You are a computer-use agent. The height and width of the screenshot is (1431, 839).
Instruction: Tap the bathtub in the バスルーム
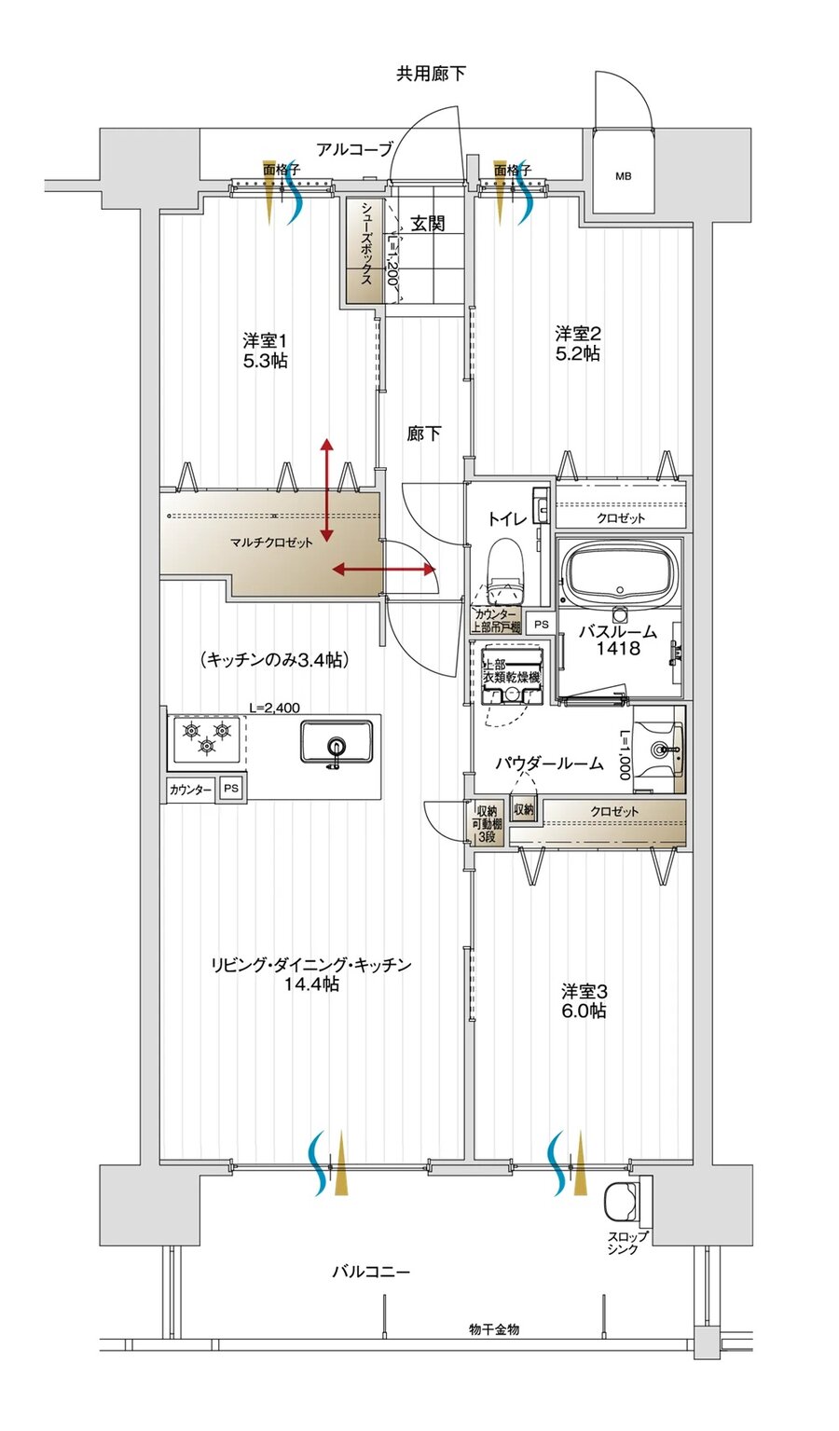tap(620, 573)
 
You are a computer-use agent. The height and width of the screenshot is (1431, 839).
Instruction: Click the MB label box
tap(623, 174)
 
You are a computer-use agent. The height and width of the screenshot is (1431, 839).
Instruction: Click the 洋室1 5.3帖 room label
tap(266, 351)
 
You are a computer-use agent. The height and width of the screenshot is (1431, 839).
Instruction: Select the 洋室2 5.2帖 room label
tap(578, 344)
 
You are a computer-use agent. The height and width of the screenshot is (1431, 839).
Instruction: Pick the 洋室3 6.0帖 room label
tap(585, 1000)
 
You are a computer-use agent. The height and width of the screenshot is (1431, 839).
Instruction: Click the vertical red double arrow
tap(327, 490)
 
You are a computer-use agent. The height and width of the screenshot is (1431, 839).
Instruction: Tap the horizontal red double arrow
tap(384, 569)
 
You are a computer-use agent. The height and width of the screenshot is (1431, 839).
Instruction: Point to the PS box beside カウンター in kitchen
tap(231, 788)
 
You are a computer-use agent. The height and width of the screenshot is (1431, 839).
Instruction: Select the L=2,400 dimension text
tap(274, 709)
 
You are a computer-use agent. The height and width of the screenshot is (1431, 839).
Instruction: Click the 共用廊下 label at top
tap(431, 74)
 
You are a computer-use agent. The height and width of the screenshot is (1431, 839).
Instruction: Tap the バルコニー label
tap(371, 1272)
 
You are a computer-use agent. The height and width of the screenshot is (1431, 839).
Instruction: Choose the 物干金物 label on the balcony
tap(493, 1329)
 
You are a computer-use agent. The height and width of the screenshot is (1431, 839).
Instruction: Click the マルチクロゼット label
tap(271, 543)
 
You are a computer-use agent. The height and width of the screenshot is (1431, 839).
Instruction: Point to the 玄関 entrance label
tap(428, 224)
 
